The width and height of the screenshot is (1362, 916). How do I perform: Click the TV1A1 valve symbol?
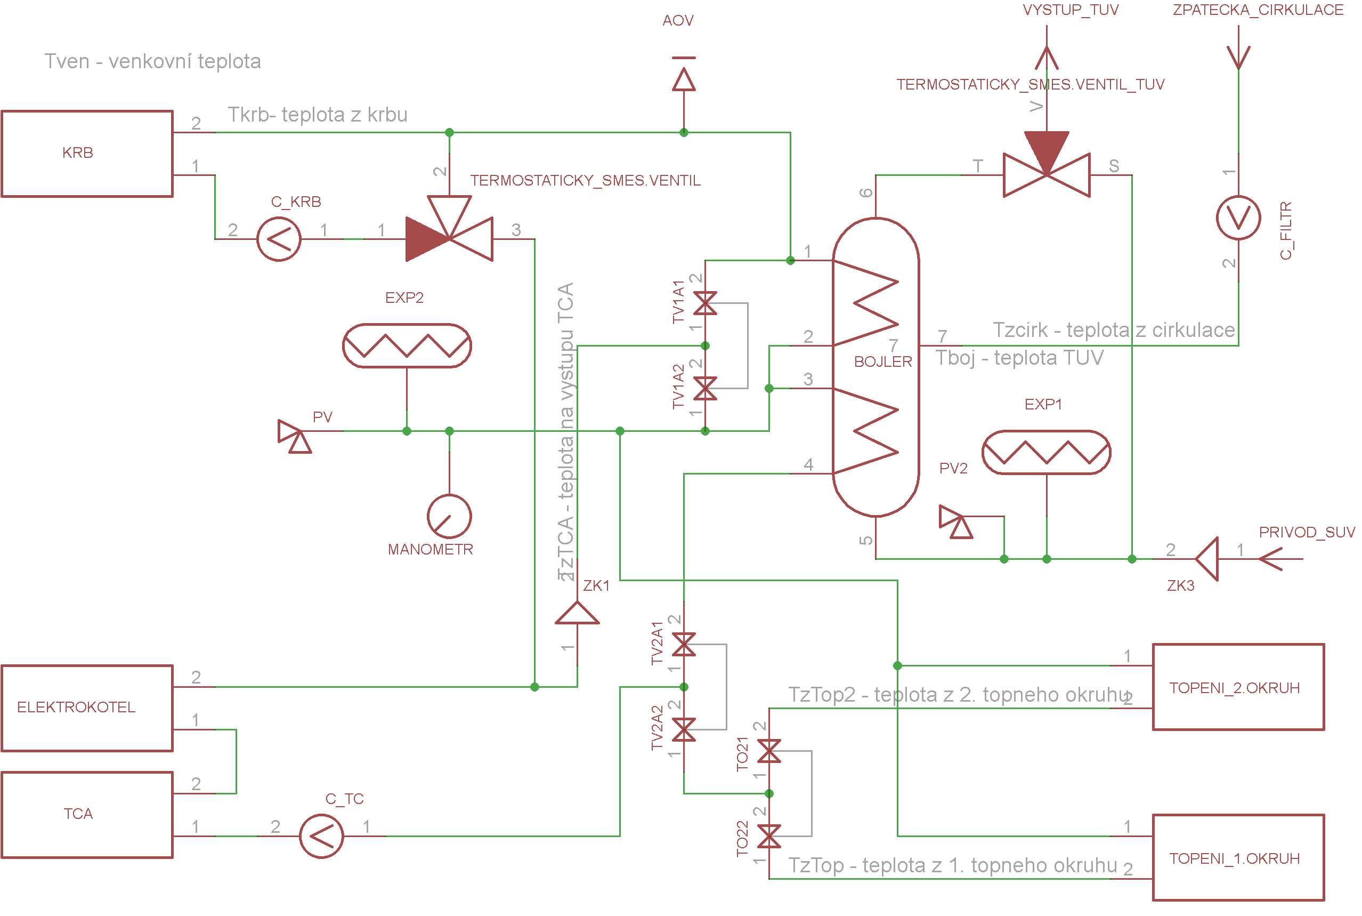click(x=705, y=303)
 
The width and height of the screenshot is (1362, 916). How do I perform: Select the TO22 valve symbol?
click(x=769, y=837)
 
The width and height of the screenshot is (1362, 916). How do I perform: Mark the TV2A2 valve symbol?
click(x=684, y=729)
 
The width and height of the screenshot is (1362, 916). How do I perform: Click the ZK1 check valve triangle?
click(x=578, y=613)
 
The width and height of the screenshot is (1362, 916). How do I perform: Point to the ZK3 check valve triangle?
click(x=1207, y=559)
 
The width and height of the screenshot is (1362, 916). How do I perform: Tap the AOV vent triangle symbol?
click(x=684, y=79)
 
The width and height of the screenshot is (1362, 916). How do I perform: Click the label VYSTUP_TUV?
click(x=1071, y=10)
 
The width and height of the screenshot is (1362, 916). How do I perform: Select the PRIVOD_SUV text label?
click(x=1307, y=532)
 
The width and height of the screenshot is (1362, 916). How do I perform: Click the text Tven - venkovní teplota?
click(x=153, y=61)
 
